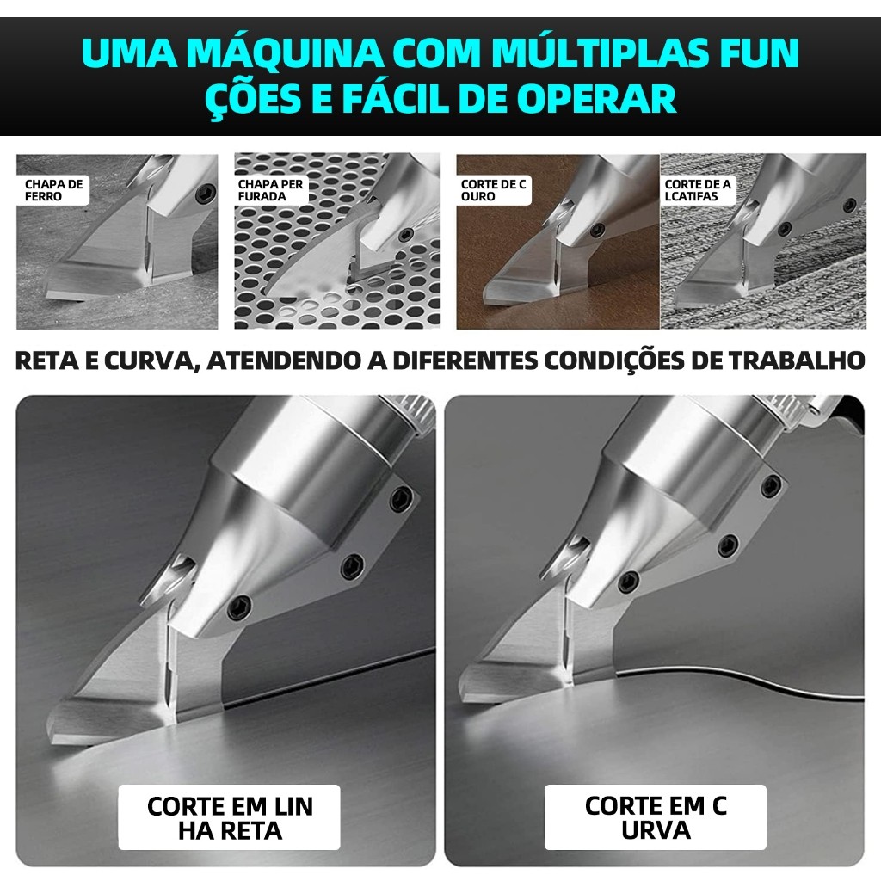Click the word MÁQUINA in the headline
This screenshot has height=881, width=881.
coord(285,53)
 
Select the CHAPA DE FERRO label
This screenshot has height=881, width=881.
coord(53,190)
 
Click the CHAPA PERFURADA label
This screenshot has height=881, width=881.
coord(271,190)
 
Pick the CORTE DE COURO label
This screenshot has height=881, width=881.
coord(493,190)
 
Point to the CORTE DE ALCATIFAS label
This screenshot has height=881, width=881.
coord(698,190)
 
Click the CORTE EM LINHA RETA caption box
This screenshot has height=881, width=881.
coord(229,817)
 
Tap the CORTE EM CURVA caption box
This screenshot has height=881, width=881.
coord(655,817)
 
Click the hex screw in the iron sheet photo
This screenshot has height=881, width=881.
coord(205,194)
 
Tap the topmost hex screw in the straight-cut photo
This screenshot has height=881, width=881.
coord(401,499)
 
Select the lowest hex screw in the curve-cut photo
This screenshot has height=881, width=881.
coord(628,582)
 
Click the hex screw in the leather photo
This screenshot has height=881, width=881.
coord(597,229)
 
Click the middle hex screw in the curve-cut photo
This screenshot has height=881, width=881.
coord(728,545)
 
